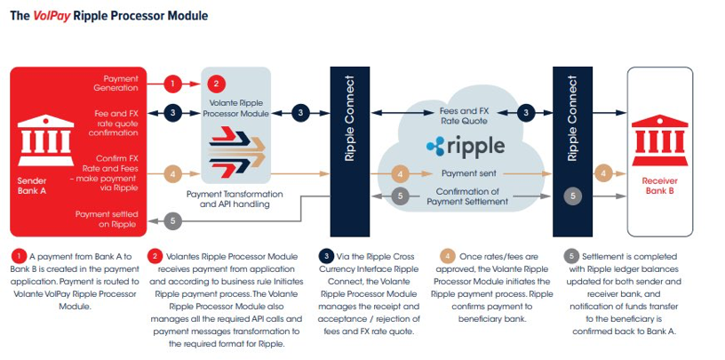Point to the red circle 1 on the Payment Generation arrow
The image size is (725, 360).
[x=175, y=84]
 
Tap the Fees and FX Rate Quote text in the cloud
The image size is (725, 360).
[x=469, y=117]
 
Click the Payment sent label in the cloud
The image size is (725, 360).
[x=469, y=173]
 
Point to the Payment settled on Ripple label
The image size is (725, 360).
[x=107, y=220]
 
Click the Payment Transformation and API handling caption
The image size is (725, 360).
[x=235, y=199]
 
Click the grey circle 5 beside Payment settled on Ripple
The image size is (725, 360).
[x=174, y=220]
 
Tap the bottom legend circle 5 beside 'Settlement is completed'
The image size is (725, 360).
[x=574, y=258]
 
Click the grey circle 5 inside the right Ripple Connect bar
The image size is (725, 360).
[x=573, y=196]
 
